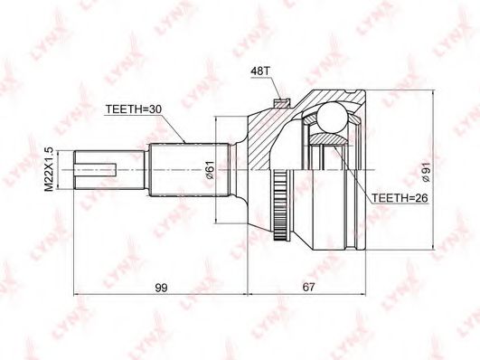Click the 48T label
point(259,71)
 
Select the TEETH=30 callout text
point(134,109)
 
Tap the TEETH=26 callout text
point(400,198)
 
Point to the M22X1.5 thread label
point(49,169)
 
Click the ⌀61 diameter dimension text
point(210,170)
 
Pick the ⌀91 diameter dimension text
point(426,172)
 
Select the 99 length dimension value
point(161,288)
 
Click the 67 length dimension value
point(308,288)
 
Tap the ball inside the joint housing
point(332,117)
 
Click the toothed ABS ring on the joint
point(278,204)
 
